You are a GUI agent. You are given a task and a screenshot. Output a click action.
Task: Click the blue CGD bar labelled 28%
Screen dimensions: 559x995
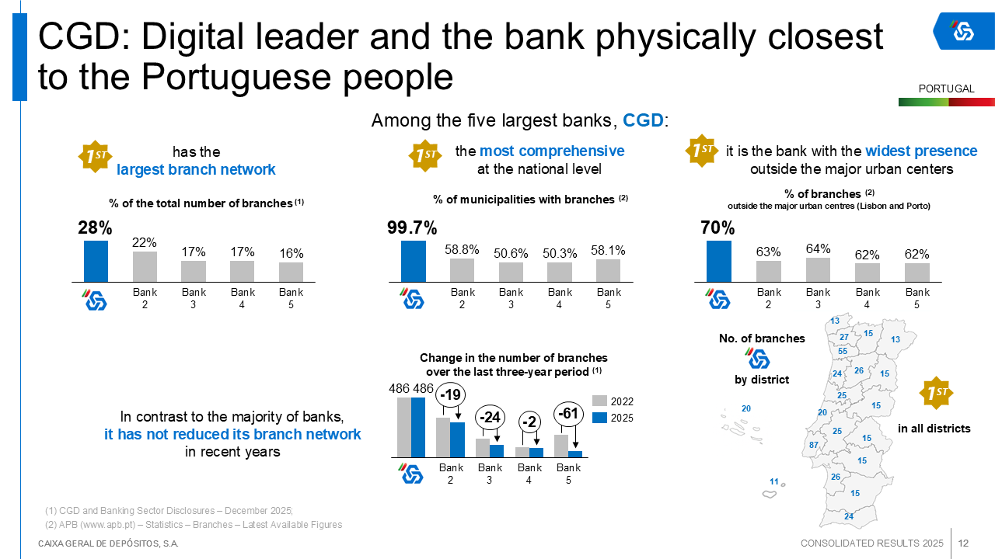click(96, 261)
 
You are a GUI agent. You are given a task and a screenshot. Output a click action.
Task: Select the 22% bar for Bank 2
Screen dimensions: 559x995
click(145, 266)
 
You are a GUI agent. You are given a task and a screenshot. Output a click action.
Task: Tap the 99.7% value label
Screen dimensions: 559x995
click(412, 228)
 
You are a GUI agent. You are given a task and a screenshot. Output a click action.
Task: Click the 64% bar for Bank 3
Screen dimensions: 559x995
click(818, 269)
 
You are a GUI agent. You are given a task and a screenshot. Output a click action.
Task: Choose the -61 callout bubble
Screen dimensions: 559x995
click(569, 414)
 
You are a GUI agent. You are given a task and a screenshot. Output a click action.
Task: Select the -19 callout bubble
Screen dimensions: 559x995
click(451, 395)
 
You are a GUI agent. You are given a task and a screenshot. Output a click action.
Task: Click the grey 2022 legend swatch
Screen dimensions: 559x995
click(599, 401)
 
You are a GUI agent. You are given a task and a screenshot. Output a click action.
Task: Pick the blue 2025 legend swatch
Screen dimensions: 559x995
click(599, 418)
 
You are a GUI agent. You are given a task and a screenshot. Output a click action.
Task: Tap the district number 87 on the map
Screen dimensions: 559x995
click(814, 445)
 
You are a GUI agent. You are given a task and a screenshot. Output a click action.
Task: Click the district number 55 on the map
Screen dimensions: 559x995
click(843, 351)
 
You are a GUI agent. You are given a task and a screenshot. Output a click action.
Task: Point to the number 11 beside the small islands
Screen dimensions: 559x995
click(774, 481)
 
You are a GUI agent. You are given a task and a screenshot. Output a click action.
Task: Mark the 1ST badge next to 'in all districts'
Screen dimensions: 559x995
click(936, 393)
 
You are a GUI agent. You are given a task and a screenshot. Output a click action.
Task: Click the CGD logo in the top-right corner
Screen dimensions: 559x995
click(963, 31)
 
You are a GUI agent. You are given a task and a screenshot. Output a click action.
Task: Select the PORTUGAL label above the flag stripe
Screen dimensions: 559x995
click(946, 89)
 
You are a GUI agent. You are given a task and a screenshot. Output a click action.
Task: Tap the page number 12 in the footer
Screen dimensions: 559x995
click(963, 543)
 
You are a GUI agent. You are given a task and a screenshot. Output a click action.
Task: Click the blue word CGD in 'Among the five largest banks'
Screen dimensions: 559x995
click(644, 121)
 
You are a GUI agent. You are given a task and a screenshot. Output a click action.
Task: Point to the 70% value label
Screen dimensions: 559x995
click(717, 228)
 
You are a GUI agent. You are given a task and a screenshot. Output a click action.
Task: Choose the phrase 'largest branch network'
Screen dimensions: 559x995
click(196, 169)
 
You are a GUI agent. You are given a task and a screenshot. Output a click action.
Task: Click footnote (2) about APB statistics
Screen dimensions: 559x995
click(194, 525)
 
